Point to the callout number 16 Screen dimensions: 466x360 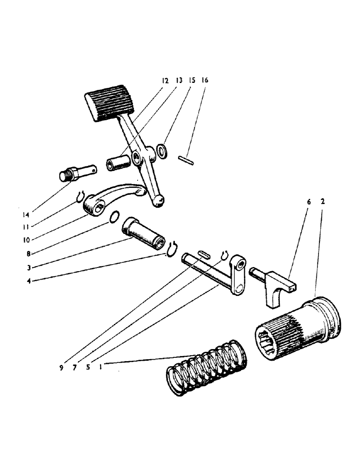[205, 80]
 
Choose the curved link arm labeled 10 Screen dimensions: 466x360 [114, 198]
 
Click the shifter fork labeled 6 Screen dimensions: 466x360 [274, 286]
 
